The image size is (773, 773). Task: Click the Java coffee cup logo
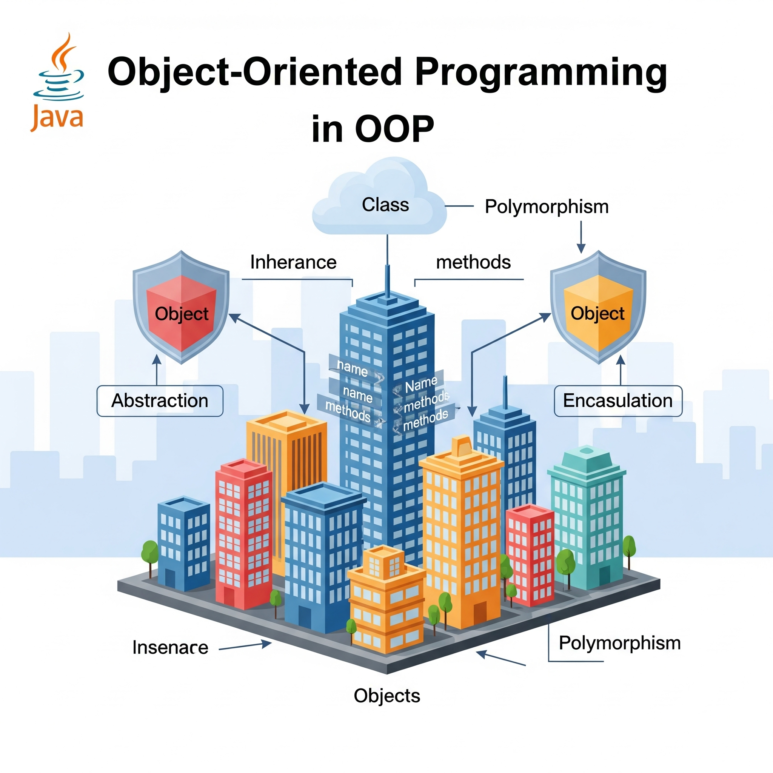point(58,82)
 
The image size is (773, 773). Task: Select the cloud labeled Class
point(379,196)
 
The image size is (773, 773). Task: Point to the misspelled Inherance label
point(293,262)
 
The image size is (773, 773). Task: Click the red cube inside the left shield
point(181,313)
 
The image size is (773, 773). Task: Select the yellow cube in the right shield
point(598,313)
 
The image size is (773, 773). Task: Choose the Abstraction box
point(160,401)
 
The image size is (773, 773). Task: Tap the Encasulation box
point(618,401)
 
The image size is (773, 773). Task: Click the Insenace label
point(171,648)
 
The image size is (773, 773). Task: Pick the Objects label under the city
point(387,696)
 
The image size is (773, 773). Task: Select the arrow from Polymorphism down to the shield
point(581,237)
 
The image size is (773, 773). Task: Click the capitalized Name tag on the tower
point(421,384)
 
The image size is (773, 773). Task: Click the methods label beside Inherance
point(473,262)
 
